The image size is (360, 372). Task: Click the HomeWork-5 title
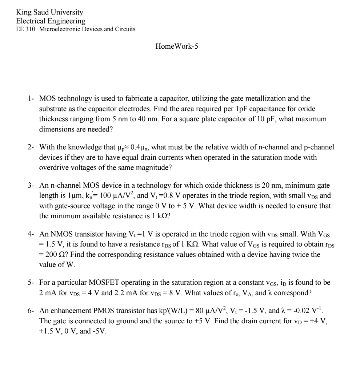point(177,46)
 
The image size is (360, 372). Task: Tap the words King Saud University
point(49,12)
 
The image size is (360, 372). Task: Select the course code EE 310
point(25,29)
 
